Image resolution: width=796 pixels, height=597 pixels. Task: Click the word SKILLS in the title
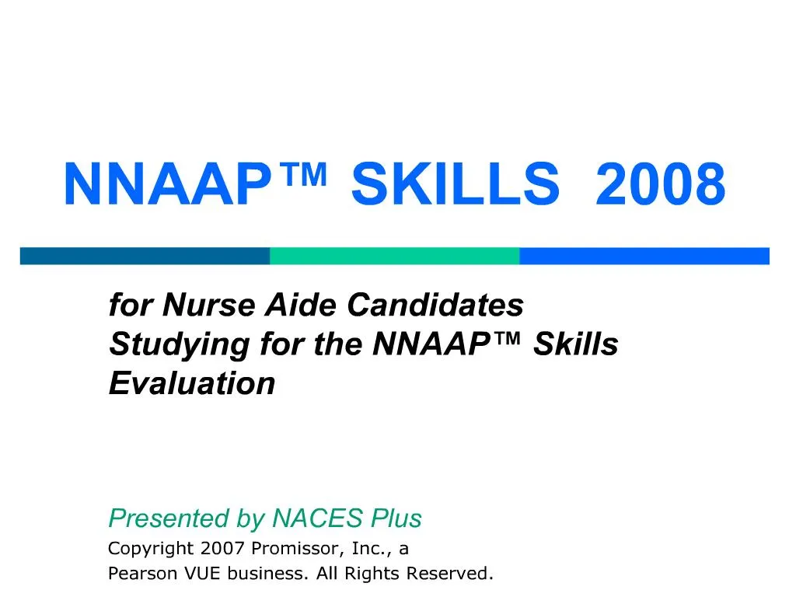[455, 186]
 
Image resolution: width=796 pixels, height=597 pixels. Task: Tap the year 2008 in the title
[660, 186]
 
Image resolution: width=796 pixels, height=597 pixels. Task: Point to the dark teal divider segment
[145, 256]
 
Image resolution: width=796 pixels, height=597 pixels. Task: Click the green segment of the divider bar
[394, 256]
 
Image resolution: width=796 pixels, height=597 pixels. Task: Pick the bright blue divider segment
[644, 256]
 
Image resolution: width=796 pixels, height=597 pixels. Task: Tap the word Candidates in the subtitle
[435, 305]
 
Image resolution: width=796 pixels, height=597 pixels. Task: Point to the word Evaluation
[192, 383]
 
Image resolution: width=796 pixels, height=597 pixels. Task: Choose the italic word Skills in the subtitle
[576, 344]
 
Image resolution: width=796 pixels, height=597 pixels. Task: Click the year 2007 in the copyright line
[222, 549]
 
